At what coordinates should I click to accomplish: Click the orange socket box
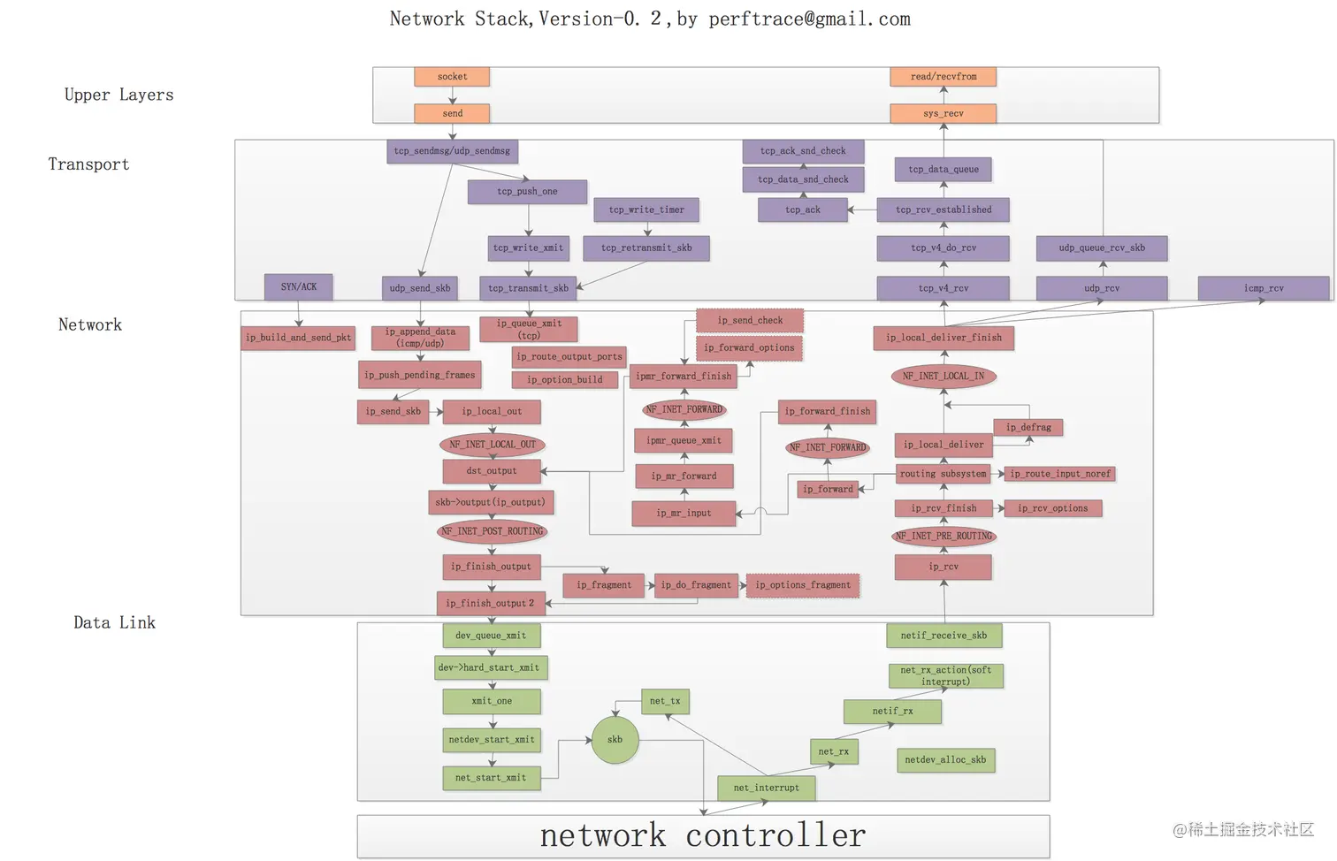tap(452, 77)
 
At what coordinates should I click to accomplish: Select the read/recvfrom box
tap(943, 77)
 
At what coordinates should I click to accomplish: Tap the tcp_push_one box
tap(527, 192)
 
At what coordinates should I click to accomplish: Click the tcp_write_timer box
tap(646, 210)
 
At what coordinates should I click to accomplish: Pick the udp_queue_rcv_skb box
tap(1102, 248)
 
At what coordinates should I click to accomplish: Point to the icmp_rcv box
tap(1263, 288)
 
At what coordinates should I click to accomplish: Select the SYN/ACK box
tap(299, 287)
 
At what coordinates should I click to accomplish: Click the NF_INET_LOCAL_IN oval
tap(943, 377)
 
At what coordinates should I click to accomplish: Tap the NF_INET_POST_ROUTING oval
tap(492, 531)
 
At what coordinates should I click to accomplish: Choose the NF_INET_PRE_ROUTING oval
tap(944, 537)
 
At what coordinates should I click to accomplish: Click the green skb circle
tap(615, 740)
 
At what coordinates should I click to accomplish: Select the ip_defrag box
tap(1028, 428)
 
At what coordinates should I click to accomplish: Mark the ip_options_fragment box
tap(803, 585)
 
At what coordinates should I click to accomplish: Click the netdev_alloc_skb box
tap(945, 760)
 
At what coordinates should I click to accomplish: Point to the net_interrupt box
tap(766, 788)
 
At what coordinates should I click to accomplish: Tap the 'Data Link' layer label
tap(114, 623)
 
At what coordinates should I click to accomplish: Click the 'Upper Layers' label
tap(118, 95)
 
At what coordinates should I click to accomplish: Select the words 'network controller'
tap(703, 835)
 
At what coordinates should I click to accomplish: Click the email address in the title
tap(809, 19)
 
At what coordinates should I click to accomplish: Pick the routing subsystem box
tap(943, 475)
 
